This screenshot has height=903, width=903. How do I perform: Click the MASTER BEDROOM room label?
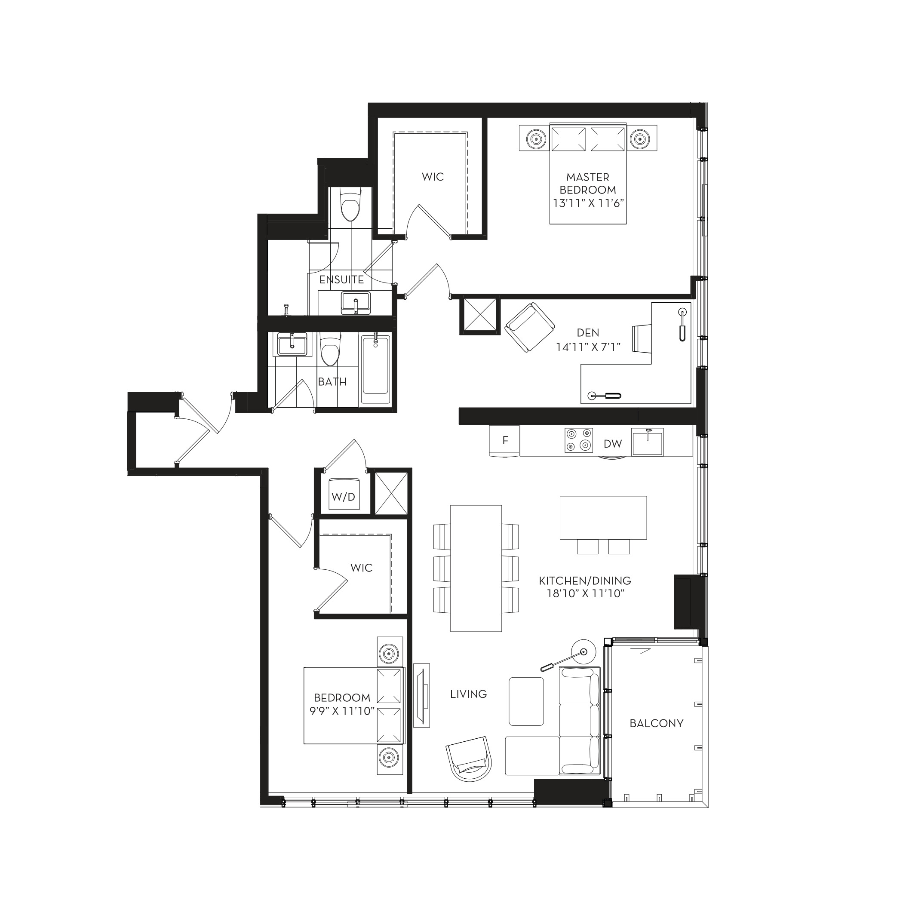pos(587,183)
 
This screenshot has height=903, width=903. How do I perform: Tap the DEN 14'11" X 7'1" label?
pos(587,340)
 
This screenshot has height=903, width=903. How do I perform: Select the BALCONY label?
pos(656,724)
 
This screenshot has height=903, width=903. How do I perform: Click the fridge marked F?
pos(504,440)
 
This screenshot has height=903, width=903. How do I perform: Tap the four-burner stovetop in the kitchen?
pos(579,440)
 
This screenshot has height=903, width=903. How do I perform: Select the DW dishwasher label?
pos(612,444)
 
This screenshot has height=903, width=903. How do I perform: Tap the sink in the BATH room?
pos(292,345)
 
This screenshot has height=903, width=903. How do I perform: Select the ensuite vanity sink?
pos(355,303)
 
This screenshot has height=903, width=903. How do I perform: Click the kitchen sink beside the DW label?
pos(647,441)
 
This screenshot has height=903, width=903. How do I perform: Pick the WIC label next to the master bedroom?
pos(433,177)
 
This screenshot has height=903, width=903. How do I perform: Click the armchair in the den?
pos(530,327)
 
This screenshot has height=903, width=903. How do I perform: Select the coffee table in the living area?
pos(526,701)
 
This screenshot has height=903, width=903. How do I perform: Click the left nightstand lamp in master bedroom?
pos(536,138)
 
